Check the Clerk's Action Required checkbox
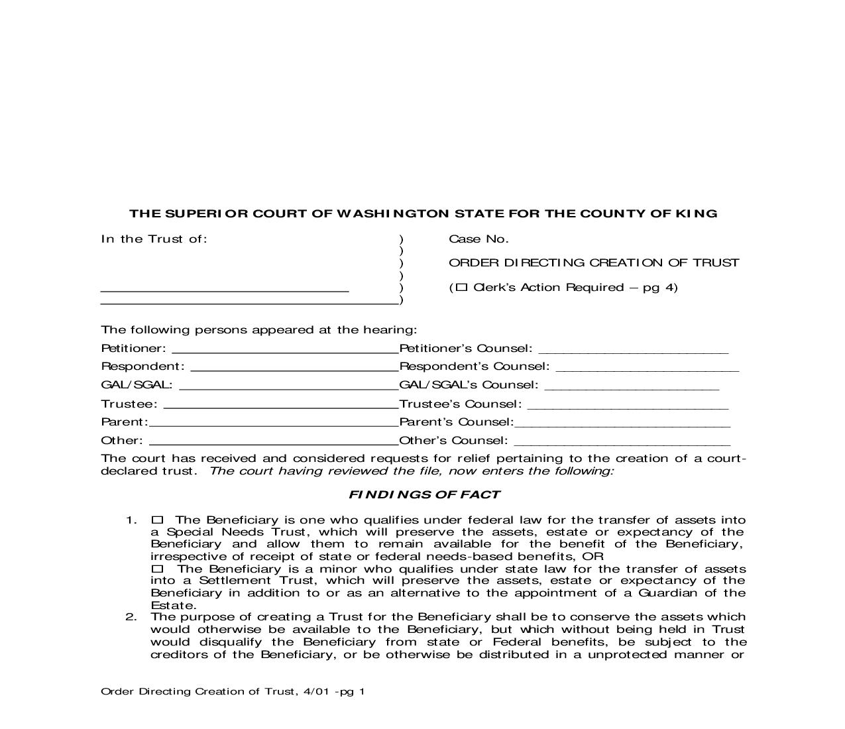pos(462,287)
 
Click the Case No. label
pos(479,239)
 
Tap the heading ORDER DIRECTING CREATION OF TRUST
pos(594,263)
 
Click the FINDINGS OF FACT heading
pos(424,494)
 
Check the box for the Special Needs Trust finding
pos(157,520)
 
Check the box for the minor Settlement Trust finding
pos(157,569)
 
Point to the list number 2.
pos(131,617)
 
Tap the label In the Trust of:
pos(154,239)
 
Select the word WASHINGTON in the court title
pos(392,213)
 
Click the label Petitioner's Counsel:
pos(466,349)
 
